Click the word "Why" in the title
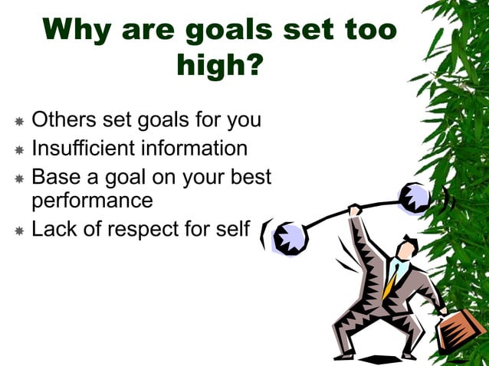[79, 31]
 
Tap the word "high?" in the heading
[221, 67]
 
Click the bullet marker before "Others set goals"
[19, 122]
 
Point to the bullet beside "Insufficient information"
[19, 149]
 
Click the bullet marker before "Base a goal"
[19, 178]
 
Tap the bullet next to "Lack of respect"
[19, 229]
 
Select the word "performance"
[92, 201]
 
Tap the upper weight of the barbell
[415, 198]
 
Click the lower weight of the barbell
[290, 238]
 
